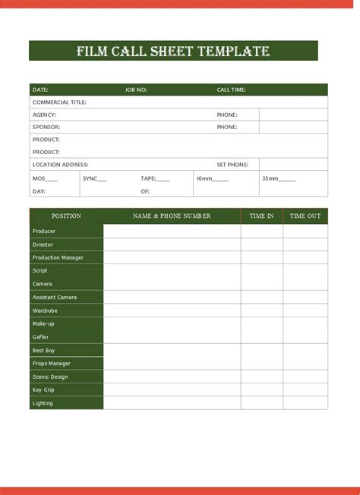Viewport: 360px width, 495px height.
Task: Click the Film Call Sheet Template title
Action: point(173,52)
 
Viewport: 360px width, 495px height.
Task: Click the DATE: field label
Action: point(40,90)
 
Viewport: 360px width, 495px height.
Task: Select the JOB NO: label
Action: point(136,90)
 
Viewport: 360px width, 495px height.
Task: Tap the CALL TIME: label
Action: point(231,90)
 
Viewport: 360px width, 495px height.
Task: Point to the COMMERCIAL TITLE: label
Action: point(59,102)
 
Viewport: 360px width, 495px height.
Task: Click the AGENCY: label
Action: point(44,115)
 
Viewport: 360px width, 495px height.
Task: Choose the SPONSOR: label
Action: point(46,127)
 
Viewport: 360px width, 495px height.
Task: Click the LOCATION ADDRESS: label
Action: point(61,164)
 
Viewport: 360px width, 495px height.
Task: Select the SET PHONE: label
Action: point(232,164)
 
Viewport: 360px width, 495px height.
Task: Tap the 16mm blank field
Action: point(212,178)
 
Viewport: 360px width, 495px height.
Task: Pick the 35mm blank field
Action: point(279,178)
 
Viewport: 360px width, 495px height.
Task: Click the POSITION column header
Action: point(66,216)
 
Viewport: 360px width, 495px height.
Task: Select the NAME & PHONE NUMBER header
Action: point(172,216)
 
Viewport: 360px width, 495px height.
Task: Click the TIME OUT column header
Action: point(305,216)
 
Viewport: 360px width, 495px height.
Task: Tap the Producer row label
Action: point(44,231)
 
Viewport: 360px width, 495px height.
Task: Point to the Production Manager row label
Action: point(58,257)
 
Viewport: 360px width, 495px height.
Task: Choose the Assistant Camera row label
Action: point(55,297)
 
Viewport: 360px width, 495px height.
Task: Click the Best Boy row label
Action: point(43,350)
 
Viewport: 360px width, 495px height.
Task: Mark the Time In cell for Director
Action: point(261,244)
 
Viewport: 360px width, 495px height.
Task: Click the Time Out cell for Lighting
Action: point(305,403)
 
